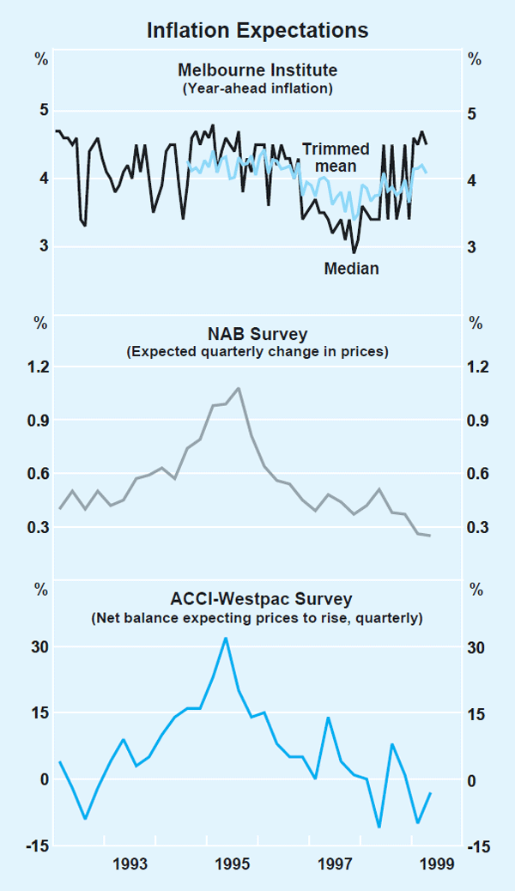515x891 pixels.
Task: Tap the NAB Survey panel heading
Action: coord(257,333)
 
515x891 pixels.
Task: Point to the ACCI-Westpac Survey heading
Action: coord(257,598)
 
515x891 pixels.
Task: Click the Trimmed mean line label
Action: coord(336,157)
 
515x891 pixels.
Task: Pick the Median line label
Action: coord(351,269)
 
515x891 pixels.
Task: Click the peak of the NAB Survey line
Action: coord(238,388)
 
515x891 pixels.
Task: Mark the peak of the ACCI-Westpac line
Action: coord(225,638)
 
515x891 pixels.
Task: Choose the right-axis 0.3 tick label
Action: coord(476,528)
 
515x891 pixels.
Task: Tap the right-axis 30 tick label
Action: coord(476,648)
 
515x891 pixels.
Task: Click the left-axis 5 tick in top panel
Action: coord(45,111)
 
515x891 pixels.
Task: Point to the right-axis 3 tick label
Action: coord(471,248)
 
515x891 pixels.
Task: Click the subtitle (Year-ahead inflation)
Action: coord(257,88)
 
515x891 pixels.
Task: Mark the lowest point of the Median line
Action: coord(354,252)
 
